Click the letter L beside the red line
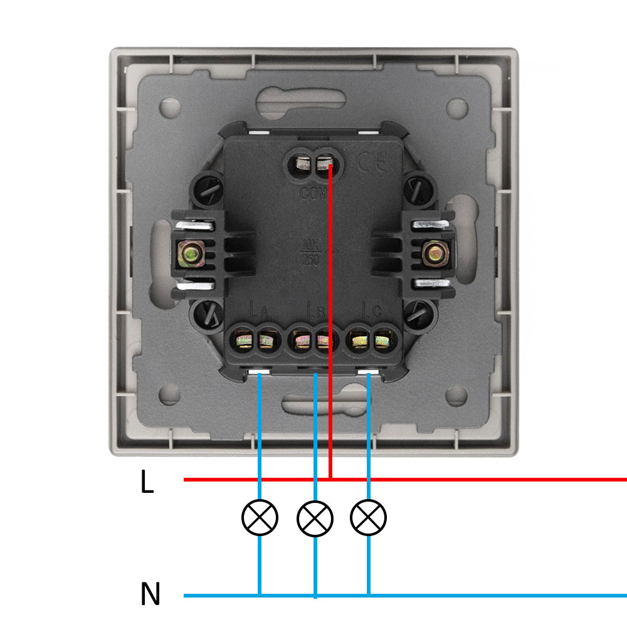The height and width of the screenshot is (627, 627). click(147, 482)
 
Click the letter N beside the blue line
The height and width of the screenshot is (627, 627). click(150, 594)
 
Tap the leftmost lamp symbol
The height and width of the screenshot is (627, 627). click(260, 517)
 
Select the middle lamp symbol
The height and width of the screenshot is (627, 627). click(315, 518)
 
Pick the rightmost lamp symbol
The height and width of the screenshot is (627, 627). click(369, 517)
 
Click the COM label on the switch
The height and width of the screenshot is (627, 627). click(313, 194)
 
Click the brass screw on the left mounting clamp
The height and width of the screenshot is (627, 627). click(190, 254)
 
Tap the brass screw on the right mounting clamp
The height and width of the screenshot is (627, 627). click(433, 253)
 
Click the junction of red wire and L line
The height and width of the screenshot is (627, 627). click(330, 480)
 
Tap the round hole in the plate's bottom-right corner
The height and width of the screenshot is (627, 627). click(457, 394)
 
